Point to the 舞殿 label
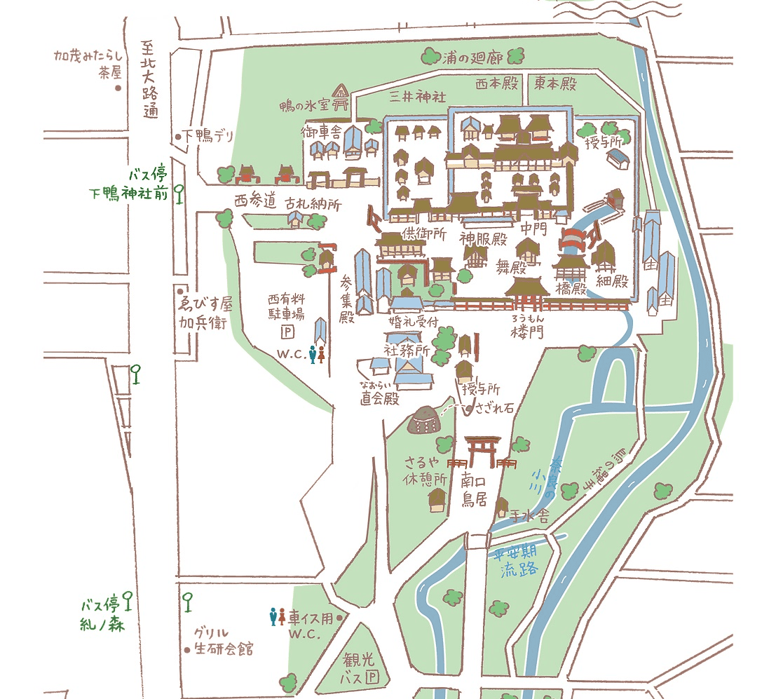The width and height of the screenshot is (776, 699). [511, 266]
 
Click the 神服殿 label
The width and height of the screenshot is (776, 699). [483, 238]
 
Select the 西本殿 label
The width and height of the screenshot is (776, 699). [496, 83]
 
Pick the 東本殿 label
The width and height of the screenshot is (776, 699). [555, 83]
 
